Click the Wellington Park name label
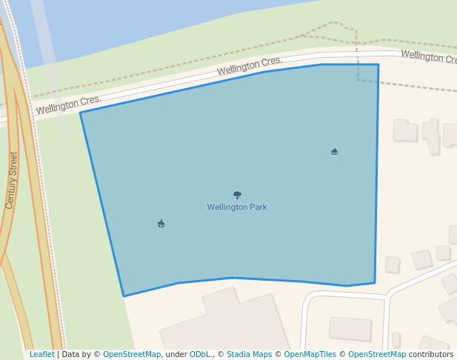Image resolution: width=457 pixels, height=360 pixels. (237, 207)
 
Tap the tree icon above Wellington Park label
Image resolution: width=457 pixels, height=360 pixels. (237, 195)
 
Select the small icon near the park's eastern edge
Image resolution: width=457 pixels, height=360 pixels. (334, 152)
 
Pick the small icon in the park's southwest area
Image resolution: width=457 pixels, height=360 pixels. (161, 223)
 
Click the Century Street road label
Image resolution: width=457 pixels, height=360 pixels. (11, 180)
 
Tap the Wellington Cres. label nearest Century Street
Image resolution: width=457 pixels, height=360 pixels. (68, 105)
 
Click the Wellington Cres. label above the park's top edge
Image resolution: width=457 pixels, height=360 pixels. (250, 67)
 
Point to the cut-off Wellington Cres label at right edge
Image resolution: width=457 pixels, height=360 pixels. (428, 57)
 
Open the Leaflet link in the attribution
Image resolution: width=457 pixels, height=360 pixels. (41, 355)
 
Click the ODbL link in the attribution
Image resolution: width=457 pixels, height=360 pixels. (200, 355)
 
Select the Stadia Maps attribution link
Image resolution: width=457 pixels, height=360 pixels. (249, 355)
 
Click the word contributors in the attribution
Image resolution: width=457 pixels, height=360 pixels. (431, 355)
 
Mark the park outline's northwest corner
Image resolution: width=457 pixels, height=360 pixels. (80, 113)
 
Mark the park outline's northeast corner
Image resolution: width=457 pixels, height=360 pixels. (378, 64)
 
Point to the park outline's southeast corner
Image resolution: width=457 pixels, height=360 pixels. (375, 282)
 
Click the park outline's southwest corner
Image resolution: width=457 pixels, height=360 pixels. (124, 296)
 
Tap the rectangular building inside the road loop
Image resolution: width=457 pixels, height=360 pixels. (350, 328)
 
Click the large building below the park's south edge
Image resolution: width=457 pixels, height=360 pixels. (222, 326)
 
